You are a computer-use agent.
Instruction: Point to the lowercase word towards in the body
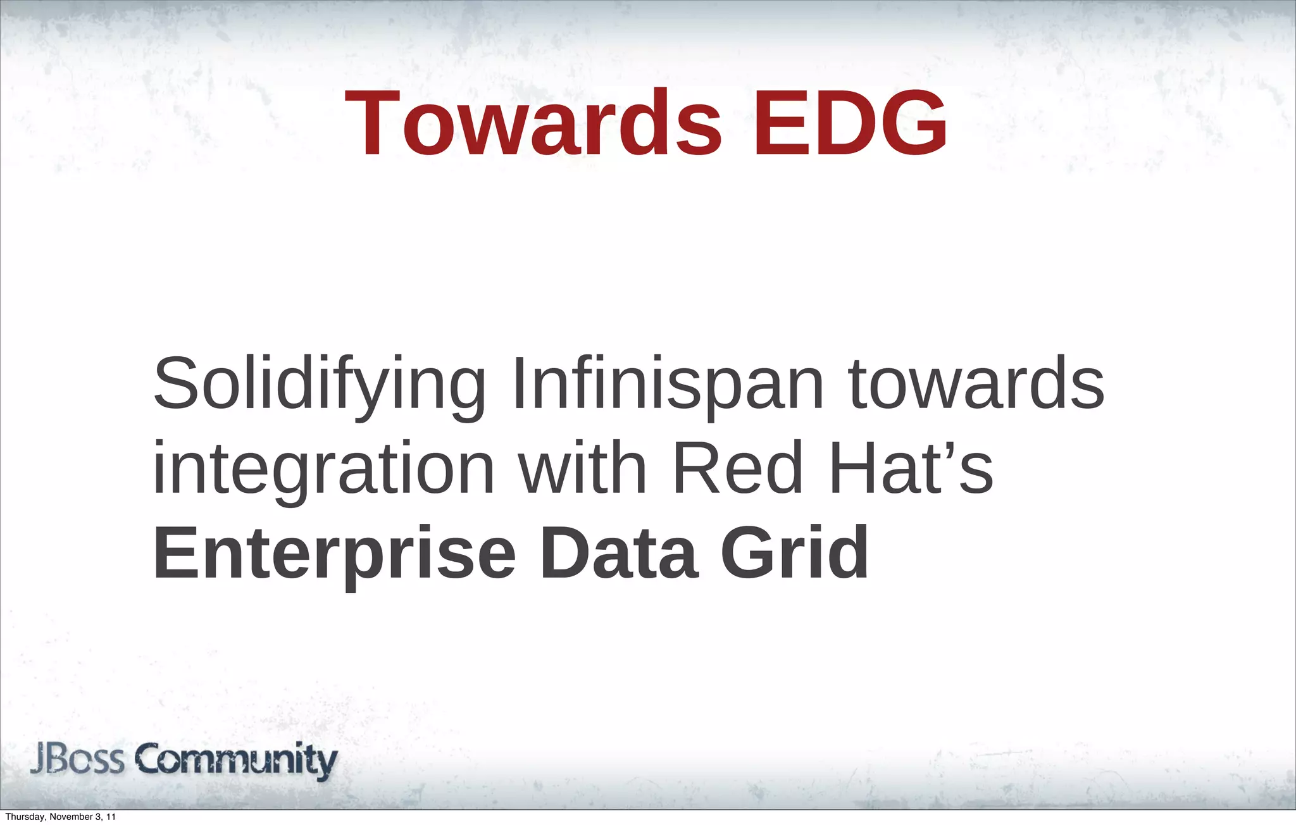(975, 383)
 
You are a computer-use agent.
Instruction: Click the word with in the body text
(582, 468)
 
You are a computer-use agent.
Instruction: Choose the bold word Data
(619, 553)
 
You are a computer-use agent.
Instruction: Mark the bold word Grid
(794, 553)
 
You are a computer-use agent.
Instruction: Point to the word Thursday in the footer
(23, 817)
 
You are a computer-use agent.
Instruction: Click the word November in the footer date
(68, 817)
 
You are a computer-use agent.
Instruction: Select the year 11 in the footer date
(111, 817)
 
